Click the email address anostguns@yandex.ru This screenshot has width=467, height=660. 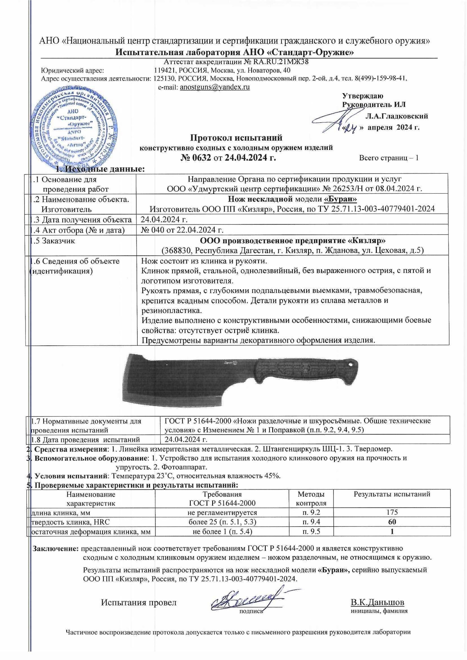215,87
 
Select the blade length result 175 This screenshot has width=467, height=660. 392,512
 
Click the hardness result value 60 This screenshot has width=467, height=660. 392,522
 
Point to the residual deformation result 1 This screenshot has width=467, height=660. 392,532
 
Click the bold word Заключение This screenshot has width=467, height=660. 56,548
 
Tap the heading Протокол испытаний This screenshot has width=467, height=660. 236,138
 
